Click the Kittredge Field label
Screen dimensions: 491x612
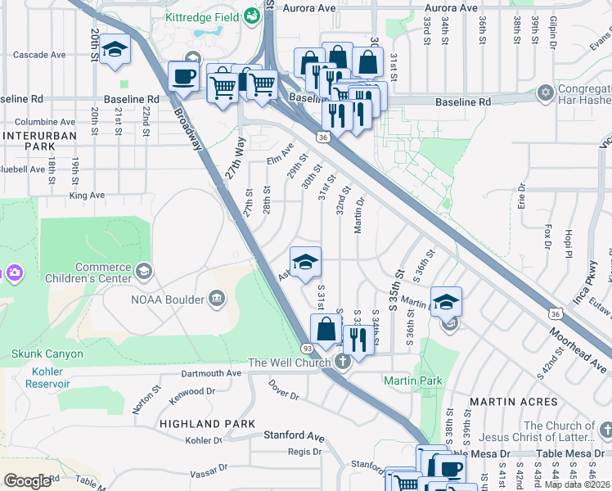point(200,17)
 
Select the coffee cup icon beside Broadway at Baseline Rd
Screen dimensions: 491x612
point(183,77)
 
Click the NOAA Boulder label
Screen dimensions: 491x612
point(167,300)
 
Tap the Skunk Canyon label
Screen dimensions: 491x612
point(47,354)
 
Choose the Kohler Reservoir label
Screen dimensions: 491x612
point(38,376)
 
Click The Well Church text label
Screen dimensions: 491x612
point(290,363)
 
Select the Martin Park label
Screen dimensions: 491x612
point(413,381)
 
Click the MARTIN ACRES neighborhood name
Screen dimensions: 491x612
point(513,402)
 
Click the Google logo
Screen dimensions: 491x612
point(27,481)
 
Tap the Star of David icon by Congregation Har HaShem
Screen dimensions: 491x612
point(546,93)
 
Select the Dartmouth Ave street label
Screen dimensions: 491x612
point(212,373)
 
